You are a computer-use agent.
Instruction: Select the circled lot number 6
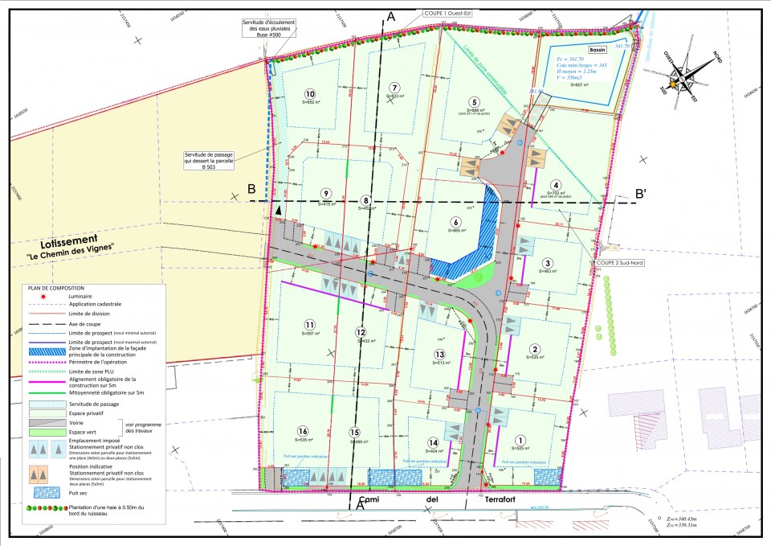pos(455,222)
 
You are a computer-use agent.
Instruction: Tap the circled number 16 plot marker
pos(304,431)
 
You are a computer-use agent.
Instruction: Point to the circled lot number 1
pos(520,440)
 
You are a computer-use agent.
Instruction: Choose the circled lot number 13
pos(439,354)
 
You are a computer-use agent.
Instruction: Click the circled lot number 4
pos(554,183)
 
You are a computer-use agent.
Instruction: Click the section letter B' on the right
pos(640,193)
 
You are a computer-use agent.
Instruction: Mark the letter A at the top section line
pos(391,16)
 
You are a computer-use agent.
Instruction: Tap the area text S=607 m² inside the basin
pos(580,84)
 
